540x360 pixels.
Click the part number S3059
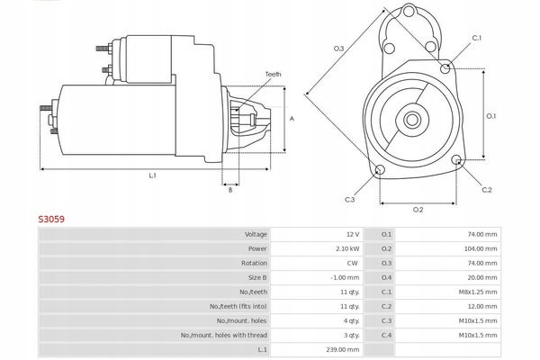[x=50, y=218]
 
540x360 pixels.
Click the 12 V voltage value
[x=352, y=234]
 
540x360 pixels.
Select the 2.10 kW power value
[x=348, y=248]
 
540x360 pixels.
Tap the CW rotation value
[x=353, y=263]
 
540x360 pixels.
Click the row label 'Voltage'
[x=256, y=234]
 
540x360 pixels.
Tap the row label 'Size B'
[x=257, y=277]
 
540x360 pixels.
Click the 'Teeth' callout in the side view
[x=273, y=74]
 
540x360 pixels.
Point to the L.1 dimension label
[x=153, y=175]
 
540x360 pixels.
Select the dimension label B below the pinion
[x=230, y=189]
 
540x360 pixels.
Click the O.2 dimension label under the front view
[x=418, y=210]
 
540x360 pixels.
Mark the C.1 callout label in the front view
[x=477, y=38]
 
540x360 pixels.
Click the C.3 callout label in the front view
[x=349, y=199]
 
